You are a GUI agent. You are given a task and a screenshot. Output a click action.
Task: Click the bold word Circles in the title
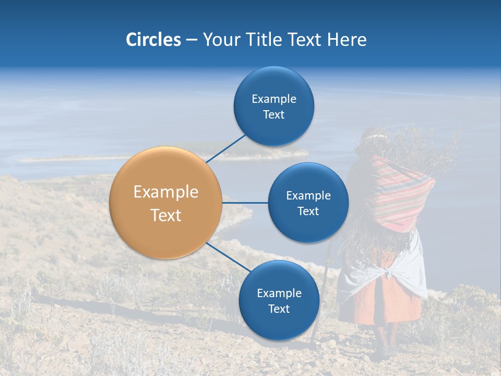coord(153,40)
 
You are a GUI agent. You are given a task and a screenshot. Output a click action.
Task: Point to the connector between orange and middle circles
coord(245,203)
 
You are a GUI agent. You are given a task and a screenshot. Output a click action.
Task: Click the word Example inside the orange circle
coord(166,192)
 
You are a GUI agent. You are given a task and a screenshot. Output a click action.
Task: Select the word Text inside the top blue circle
coord(273,115)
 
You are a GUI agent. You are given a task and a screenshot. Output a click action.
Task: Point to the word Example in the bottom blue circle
coord(279,293)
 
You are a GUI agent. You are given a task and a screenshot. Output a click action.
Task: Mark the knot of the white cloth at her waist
coord(387,273)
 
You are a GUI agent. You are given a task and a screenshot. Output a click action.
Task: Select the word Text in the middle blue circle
coord(308,211)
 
